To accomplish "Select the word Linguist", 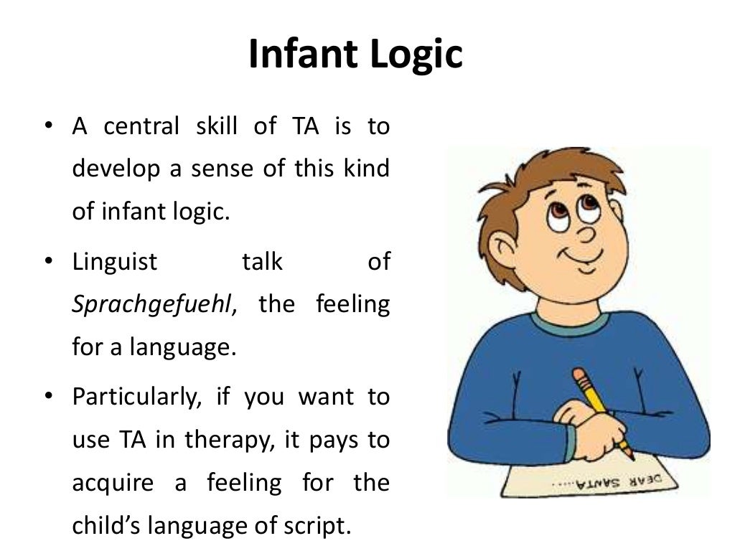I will [115, 262].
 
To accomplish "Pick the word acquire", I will [113, 483].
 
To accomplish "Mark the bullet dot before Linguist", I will [47, 262].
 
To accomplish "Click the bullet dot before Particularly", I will [47, 397].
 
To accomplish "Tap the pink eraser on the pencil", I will [579, 375].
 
